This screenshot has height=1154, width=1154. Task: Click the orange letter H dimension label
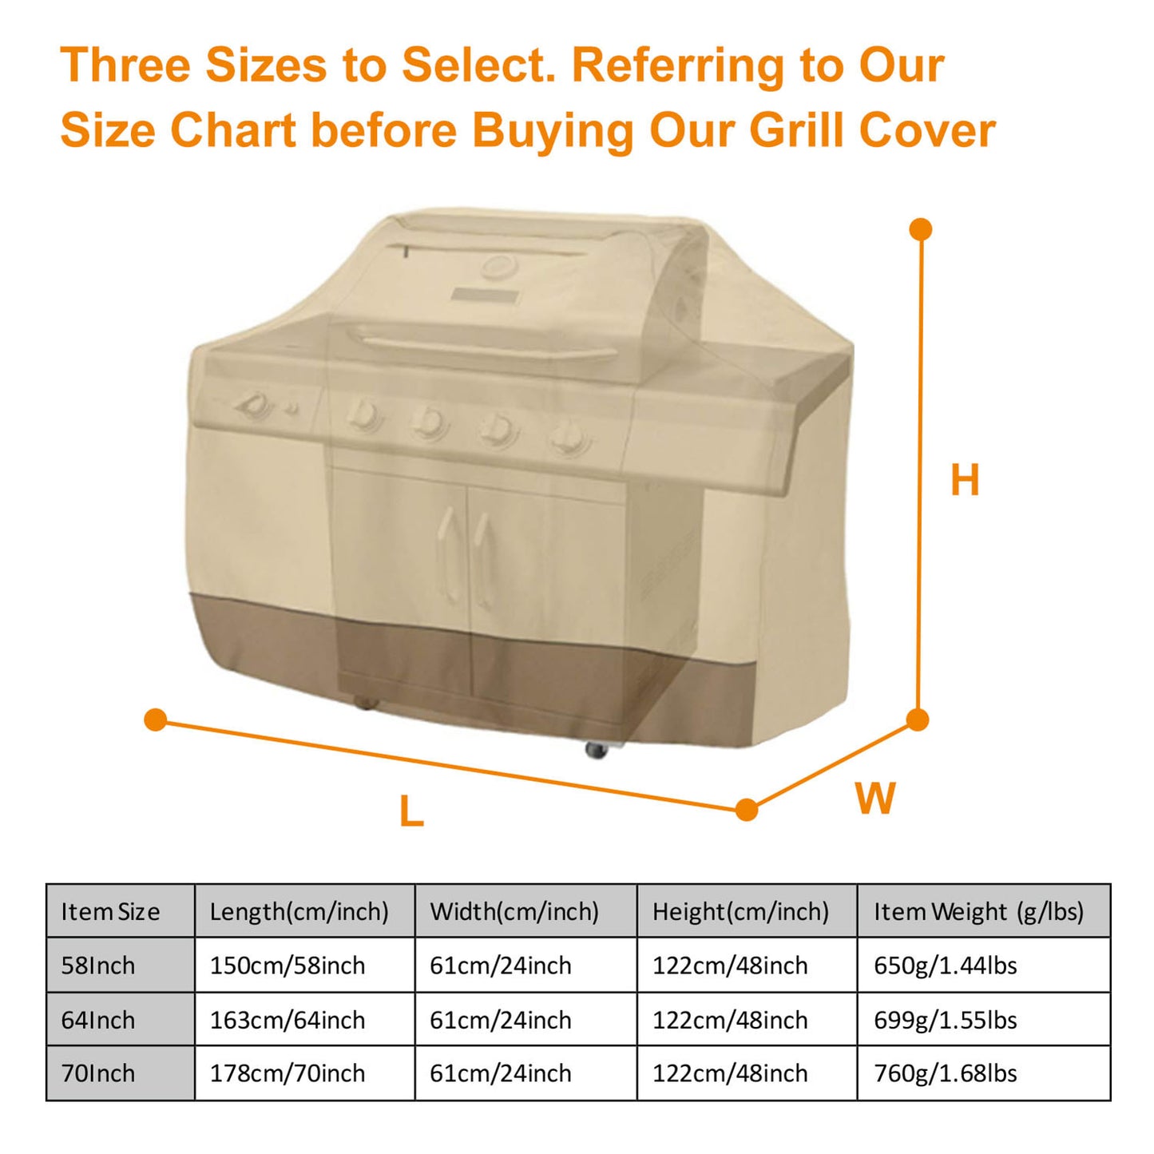(965, 481)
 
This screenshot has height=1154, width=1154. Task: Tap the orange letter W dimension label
(875, 798)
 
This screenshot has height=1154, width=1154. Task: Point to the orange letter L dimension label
(411, 812)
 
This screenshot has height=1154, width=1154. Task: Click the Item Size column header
(111, 911)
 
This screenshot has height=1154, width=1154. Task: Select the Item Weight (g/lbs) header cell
(978, 911)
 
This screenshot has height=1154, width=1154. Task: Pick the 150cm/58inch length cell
(288, 966)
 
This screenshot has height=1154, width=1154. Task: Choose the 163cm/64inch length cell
(288, 1020)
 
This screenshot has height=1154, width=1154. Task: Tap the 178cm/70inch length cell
(288, 1073)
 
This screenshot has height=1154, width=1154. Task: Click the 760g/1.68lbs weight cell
(945, 1073)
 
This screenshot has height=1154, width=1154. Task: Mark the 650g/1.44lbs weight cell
(945, 966)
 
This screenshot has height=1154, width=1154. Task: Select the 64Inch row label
(98, 1020)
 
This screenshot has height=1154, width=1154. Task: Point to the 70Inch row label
(98, 1073)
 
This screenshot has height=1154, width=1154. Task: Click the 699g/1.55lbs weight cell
(945, 1020)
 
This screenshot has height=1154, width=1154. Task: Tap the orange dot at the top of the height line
(921, 229)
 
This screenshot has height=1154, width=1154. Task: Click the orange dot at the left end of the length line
(156, 720)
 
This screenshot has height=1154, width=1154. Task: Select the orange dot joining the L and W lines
(747, 810)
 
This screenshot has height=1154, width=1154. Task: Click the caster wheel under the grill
(597, 749)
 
